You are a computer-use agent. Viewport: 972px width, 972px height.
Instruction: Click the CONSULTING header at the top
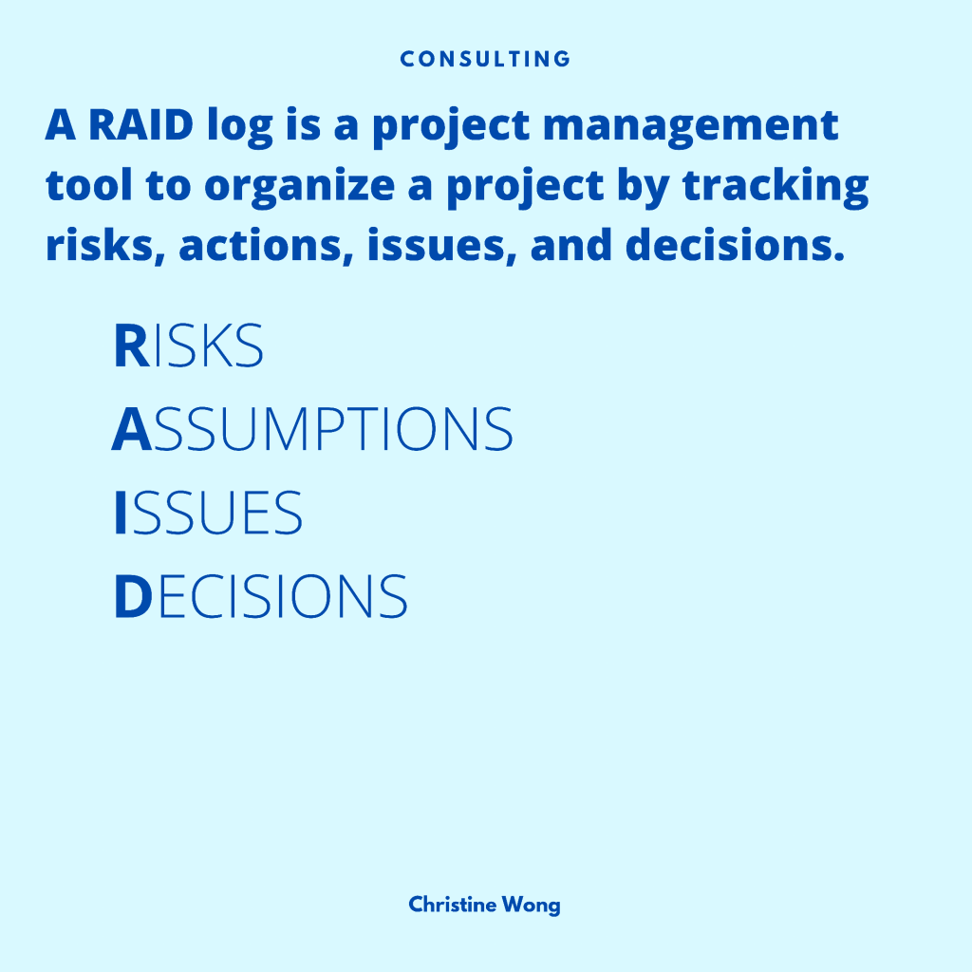tap(485, 59)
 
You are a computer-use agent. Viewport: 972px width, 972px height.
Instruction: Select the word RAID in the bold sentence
tap(140, 124)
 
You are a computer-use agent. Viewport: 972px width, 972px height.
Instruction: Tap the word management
tap(691, 128)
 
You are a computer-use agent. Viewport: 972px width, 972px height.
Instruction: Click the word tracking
tap(776, 187)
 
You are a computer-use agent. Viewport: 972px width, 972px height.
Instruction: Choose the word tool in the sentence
tap(88, 185)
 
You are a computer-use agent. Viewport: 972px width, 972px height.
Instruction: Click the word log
tap(240, 128)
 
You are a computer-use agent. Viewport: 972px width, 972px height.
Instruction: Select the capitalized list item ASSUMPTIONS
tap(312, 428)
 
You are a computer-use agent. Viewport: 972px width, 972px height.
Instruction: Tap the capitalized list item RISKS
tap(189, 346)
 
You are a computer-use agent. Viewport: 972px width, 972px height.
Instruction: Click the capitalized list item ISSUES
tap(208, 512)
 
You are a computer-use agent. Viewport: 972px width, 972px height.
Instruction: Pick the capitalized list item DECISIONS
tap(261, 596)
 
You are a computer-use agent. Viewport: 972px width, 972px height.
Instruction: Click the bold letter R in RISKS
tap(131, 346)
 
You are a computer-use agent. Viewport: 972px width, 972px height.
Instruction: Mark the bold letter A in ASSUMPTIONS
tap(131, 429)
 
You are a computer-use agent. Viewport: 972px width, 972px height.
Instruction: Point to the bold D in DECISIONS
tap(133, 596)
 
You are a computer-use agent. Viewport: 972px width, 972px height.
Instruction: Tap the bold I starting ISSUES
tap(121, 512)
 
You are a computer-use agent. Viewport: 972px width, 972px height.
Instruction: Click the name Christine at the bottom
tap(453, 905)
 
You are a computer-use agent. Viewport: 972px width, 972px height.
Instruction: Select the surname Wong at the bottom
tap(532, 906)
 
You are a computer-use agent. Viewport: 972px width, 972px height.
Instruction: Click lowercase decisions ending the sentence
tap(736, 245)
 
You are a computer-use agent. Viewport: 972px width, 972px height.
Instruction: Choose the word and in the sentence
tap(570, 245)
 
